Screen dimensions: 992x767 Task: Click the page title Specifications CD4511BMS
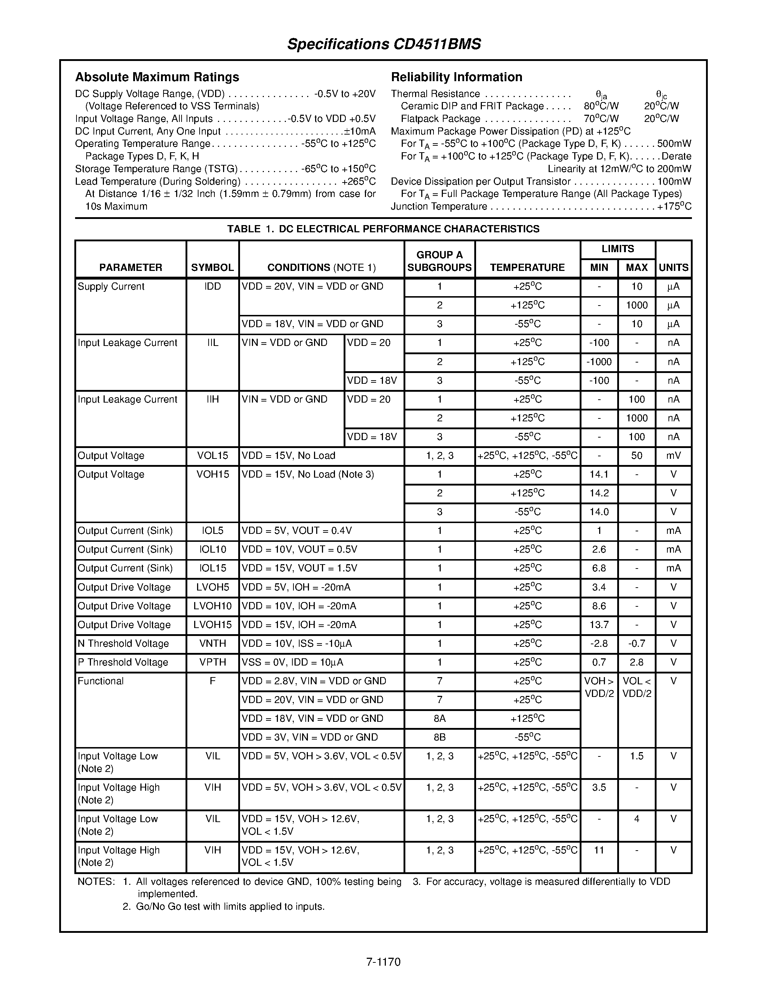(x=384, y=44)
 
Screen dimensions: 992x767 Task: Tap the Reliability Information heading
(x=456, y=77)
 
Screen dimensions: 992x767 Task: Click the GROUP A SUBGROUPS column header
(x=439, y=261)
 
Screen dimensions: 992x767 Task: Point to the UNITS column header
(x=674, y=268)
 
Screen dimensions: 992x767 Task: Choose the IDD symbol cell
(x=213, y=287)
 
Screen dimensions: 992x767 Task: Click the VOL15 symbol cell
(x=213, y=456)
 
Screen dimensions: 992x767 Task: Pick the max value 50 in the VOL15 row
(x=637, y=456)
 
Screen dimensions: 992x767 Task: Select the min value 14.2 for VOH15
(x=599, y=493)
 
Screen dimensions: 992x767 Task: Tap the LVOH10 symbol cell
(x=213, y=606)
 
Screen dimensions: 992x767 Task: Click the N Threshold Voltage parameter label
(x=123, y=644)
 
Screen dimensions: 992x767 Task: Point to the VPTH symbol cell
(x=213, y=662)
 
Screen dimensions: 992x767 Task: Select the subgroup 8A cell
(x=439, y=719)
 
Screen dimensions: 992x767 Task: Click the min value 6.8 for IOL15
(x=599, y=568)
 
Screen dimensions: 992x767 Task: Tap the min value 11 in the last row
(x=599, y=850)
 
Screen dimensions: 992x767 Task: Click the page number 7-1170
(x=383, y=962)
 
